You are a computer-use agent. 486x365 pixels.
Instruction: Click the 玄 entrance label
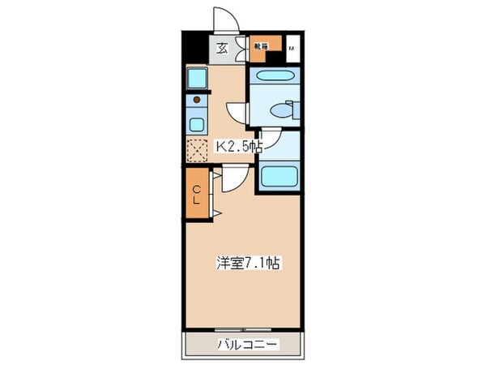coord(222,47)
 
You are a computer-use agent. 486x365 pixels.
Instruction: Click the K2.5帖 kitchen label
coord(238,148)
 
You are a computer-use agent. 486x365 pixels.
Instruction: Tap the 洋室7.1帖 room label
coord(248,264)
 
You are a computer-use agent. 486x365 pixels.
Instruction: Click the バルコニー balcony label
coord(247,346)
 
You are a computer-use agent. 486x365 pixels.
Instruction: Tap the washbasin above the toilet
coord(274,77)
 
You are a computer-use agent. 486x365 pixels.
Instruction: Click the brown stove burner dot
coord(195,101)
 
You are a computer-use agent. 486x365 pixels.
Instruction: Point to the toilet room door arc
coord(235,112)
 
